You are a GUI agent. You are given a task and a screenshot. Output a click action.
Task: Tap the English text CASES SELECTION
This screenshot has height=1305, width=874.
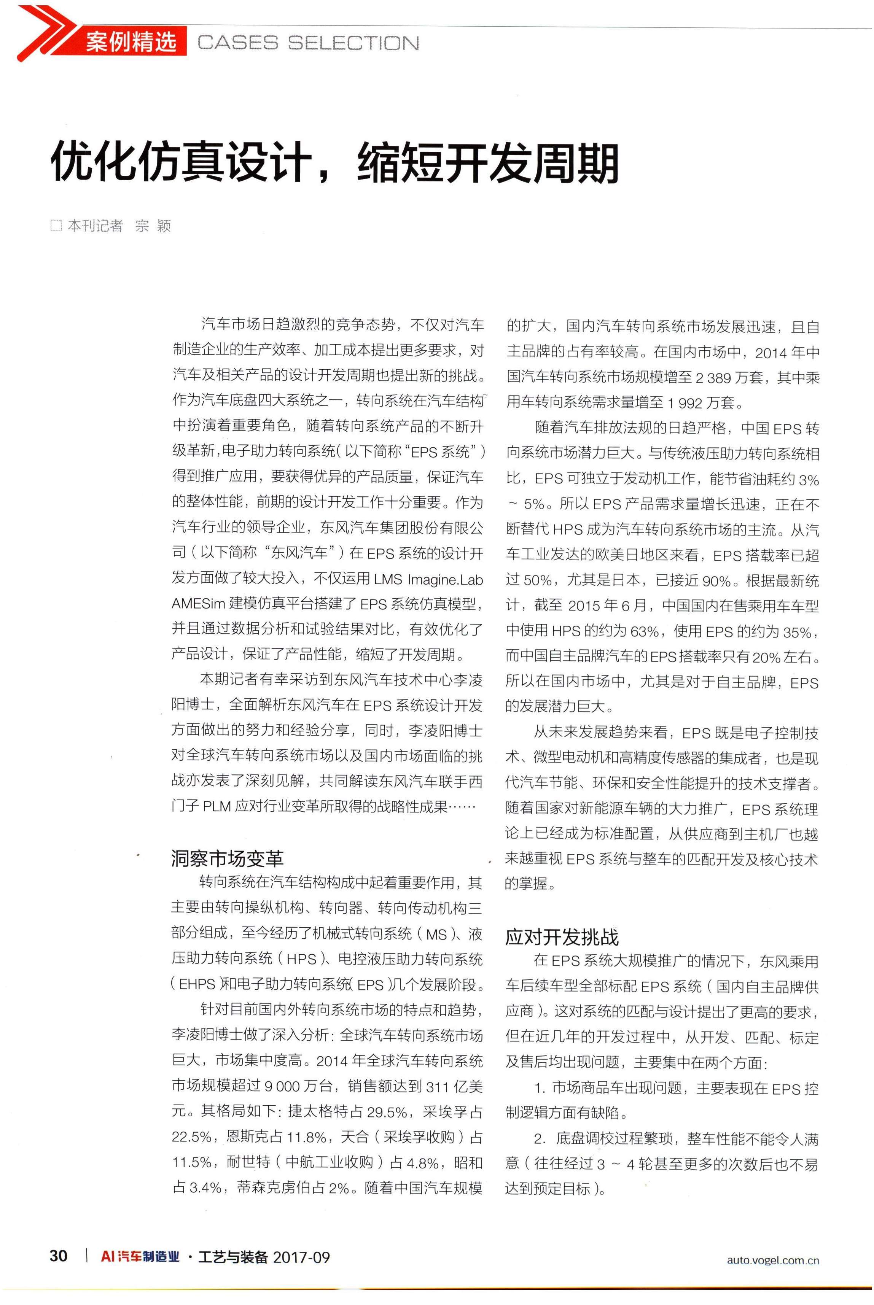(308, 43)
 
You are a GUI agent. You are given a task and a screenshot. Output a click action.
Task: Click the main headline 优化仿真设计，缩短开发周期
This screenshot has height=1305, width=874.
(334, 163)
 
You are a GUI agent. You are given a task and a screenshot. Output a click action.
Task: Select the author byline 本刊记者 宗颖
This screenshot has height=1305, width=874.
(119, 226)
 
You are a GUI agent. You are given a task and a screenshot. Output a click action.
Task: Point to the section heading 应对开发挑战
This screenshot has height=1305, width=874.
(561, 937)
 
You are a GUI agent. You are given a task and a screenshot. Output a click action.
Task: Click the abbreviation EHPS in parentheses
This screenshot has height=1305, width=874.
(196, 985)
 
